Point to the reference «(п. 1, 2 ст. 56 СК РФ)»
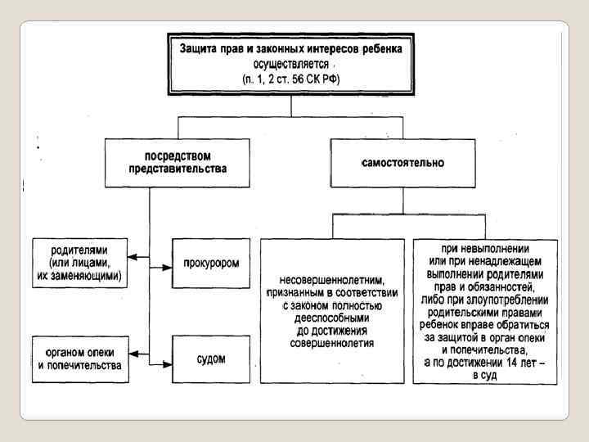coord(290,79)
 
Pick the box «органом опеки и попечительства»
coord(79,359)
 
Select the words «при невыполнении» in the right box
coord(484,248)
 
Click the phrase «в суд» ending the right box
coord(484,374)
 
